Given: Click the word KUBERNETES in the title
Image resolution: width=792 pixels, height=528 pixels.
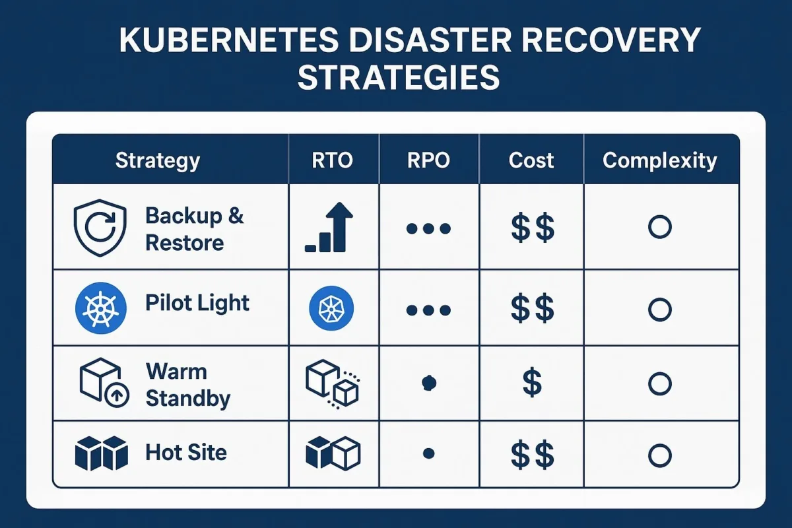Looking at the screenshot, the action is click(229, 40).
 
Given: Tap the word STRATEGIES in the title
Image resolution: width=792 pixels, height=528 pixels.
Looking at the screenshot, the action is click(399, 77).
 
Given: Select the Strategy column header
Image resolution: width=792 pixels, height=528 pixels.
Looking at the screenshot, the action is click(158, 161).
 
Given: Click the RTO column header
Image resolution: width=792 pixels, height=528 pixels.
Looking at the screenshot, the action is click(333, 160).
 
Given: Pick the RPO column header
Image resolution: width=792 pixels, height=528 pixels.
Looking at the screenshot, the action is click(428, 160).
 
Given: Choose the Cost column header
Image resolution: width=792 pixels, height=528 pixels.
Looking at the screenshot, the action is click(531, 160).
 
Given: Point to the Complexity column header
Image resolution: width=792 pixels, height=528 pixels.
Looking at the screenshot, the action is click(660, 161).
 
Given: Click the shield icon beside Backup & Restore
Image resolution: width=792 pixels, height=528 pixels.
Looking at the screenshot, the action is click(100, 228).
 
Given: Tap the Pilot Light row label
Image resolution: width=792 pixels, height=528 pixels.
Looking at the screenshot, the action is click(197, 304).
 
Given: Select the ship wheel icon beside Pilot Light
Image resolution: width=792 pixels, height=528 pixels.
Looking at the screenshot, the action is click(101, 308).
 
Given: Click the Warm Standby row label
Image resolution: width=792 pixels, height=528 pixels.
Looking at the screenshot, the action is click(188, 385).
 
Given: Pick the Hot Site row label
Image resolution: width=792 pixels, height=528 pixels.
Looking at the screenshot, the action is click(186, 452).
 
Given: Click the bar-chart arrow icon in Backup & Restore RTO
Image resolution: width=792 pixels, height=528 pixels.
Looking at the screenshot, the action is click(329, 227).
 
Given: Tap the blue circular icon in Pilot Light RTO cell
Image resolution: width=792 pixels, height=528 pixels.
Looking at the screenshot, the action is click(331, 308).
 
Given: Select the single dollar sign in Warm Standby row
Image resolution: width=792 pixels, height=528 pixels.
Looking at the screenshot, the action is click(532, 382).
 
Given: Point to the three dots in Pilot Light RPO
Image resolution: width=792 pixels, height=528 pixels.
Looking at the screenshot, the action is click(428, 310).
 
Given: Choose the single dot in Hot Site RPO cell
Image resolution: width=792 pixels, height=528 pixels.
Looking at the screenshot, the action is click(428, 453).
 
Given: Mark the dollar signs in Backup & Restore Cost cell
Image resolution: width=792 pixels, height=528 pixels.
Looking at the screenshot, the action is click(533, 228).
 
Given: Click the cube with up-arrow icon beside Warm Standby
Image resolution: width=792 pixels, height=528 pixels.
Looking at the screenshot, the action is click(104, 383).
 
